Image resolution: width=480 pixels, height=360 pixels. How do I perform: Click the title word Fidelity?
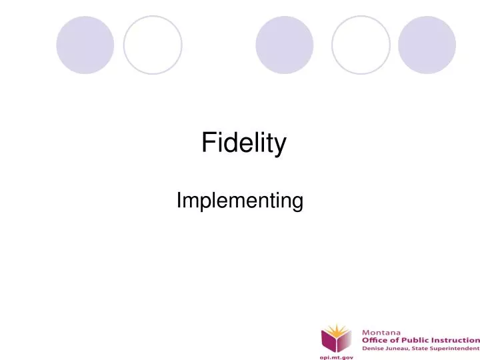pyautogui.click(x=244, y=143)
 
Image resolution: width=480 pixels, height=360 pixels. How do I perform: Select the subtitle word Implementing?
pyautogui.click(x=240, y=201)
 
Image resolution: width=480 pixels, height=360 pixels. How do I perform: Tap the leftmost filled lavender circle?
pyautogui.click(x=85, y=45)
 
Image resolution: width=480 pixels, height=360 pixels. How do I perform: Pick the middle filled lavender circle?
pyautogui.click(x=284, y=45)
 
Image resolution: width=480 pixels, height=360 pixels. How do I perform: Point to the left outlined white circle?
pyautogui.click(x=153, y=45)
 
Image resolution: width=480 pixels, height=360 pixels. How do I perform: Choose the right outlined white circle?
pyautogui.click(x=360, y=45)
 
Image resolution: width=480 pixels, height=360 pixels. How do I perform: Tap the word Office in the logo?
pyautogui.click(x=375, y=339)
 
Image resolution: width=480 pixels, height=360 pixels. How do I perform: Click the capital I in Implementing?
pyautogui.click(x=179, y=200)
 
